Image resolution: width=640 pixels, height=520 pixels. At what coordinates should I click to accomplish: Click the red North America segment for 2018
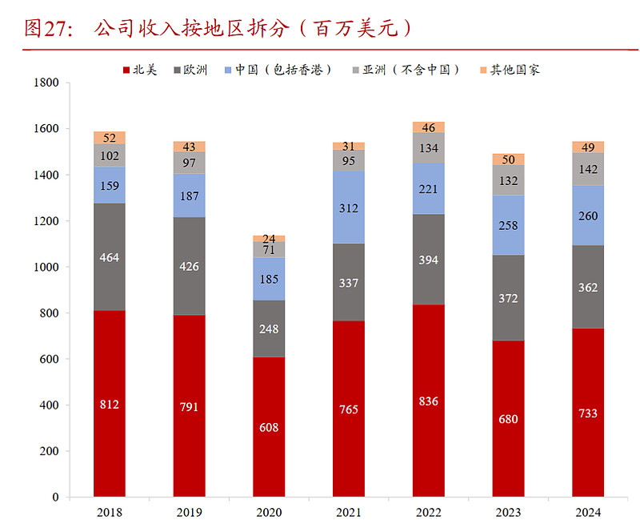tap(109, 404)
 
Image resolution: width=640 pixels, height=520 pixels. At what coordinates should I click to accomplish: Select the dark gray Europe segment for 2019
tap(189, 266)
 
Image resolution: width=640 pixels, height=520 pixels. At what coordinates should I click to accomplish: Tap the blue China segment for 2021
tap(349, 208)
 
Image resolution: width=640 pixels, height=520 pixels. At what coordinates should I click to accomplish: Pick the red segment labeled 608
tap(269, 427)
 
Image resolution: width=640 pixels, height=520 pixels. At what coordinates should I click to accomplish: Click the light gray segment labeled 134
tap(429, 148)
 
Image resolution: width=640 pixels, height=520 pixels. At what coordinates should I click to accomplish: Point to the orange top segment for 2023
tap(509, 159)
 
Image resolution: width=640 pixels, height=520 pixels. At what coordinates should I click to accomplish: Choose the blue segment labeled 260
tap(588, 216)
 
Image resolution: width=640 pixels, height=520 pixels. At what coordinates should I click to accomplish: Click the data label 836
tap(429, 401)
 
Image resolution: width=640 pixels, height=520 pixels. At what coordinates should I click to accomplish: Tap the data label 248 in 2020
tap(269, 329)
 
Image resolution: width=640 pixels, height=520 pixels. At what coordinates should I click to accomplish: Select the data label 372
tap(509, 298)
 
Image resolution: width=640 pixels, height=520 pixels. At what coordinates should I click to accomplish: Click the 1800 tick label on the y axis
tap(46, 83)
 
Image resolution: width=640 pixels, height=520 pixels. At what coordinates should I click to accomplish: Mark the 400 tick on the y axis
tap(50, 405)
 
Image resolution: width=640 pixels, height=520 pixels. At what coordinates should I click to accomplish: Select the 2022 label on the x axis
tap(429, 512)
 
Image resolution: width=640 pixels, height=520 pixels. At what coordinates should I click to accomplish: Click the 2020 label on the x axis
tap(269, 512)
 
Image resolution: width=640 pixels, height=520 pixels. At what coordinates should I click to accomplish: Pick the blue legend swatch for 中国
tap(229, 70)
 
